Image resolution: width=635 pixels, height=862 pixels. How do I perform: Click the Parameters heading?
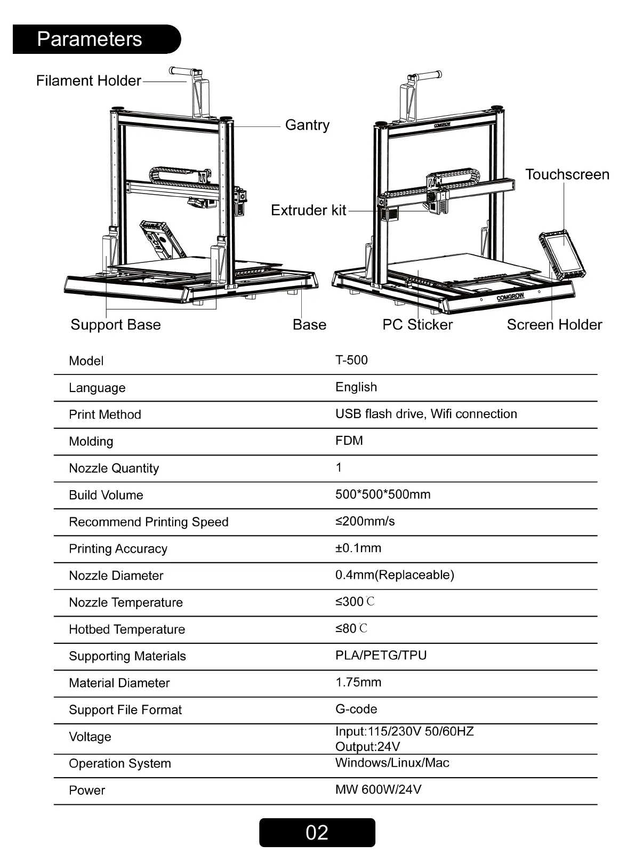point(90,39)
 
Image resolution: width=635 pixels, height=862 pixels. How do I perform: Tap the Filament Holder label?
point(89,81)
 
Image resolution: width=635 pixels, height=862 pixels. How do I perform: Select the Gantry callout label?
point(307,125)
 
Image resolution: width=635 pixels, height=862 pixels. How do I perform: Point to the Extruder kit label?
point(308,210)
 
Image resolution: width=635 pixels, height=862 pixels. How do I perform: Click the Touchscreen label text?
point(567,174)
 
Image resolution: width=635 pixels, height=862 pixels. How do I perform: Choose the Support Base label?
point(116,324)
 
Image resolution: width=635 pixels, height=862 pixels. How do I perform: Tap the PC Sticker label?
point(417,324)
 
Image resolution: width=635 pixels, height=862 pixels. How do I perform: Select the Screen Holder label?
point(554,324)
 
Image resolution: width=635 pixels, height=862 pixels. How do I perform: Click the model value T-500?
point(351,360)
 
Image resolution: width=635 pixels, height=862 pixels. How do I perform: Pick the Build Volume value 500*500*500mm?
point(383,494)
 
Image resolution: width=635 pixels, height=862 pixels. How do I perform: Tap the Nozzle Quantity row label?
point(114,468)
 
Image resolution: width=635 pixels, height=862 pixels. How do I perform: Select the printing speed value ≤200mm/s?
point(365,521)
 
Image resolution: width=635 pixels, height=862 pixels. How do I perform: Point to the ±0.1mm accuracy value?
point(358,548)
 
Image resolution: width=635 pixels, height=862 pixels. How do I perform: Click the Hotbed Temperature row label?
point(127,629)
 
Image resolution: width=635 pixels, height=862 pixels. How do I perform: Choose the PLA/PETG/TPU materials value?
point(381,655)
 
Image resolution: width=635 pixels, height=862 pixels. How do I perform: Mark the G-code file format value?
point(356,709)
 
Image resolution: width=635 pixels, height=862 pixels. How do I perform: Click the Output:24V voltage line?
point(368,746)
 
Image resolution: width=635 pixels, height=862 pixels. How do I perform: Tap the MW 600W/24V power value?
point(379,789)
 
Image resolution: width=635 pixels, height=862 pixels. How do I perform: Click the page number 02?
point(317,833)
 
